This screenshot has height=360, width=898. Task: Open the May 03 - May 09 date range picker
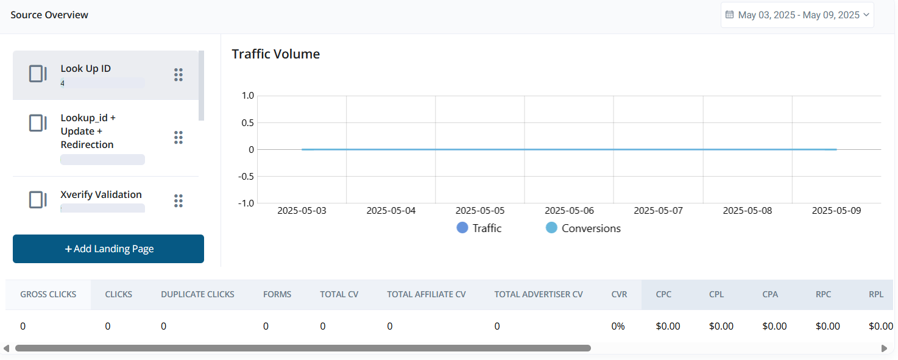tap(797, 15)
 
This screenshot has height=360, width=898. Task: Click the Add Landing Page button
tap(108, 249)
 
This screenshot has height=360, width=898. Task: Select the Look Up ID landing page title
tap(86, 69)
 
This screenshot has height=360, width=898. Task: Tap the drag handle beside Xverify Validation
tap(179, 200)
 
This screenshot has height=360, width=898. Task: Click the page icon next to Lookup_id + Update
tap(38, 123)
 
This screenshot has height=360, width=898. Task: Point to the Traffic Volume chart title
tap(276, 54)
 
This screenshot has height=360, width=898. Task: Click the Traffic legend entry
tap(479, 228)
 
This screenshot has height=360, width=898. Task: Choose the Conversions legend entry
tap(583, 228)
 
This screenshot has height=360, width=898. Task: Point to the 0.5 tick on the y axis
tap(247, 122)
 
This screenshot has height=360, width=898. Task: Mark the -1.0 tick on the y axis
tap(245, 203)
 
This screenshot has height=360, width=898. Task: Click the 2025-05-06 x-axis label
tap(569, 211)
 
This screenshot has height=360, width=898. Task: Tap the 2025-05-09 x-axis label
tap(836, 211)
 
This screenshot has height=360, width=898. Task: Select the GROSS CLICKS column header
tap(48, 294)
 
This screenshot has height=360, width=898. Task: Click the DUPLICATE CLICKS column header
tap(197, 294)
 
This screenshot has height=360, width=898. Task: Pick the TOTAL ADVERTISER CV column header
tap(539, 294)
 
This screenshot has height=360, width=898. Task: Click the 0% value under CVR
tap(618, 326)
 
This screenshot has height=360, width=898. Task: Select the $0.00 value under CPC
tap(668, 326)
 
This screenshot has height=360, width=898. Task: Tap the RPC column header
tap(823, 294)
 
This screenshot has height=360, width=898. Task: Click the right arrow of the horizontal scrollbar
tap(884, 348)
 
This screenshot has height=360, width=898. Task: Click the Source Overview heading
tap(49, 15)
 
